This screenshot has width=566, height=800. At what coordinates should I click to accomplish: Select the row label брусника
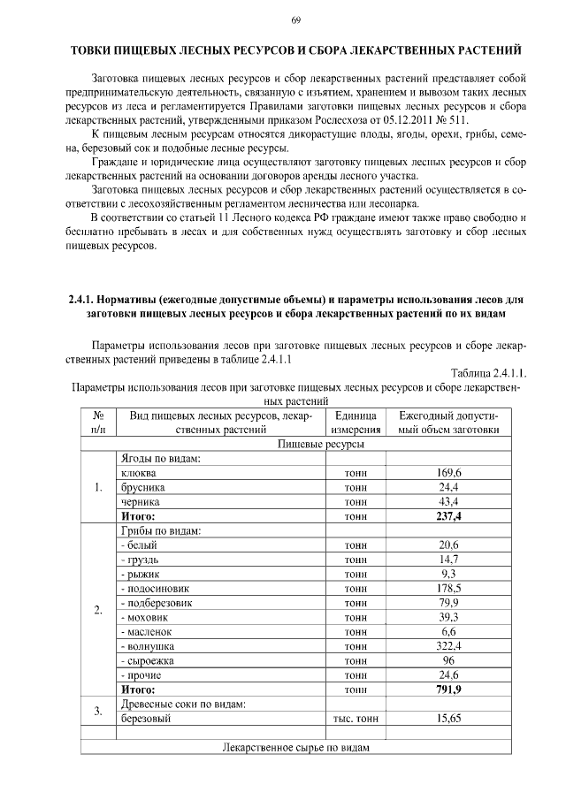(141, 487)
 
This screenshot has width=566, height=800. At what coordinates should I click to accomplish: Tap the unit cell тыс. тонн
(356, 719)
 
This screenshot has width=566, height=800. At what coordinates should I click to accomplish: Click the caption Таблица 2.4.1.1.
(488, 372)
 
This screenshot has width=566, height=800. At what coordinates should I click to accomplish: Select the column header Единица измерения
(356, 422)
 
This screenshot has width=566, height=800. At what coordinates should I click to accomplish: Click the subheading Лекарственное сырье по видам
(294, 748)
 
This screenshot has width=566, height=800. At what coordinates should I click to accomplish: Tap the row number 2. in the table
(97, 609)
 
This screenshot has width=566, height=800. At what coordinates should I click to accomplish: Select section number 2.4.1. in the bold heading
(88, 300)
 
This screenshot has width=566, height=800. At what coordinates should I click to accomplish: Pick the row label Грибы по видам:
(159, 530)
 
